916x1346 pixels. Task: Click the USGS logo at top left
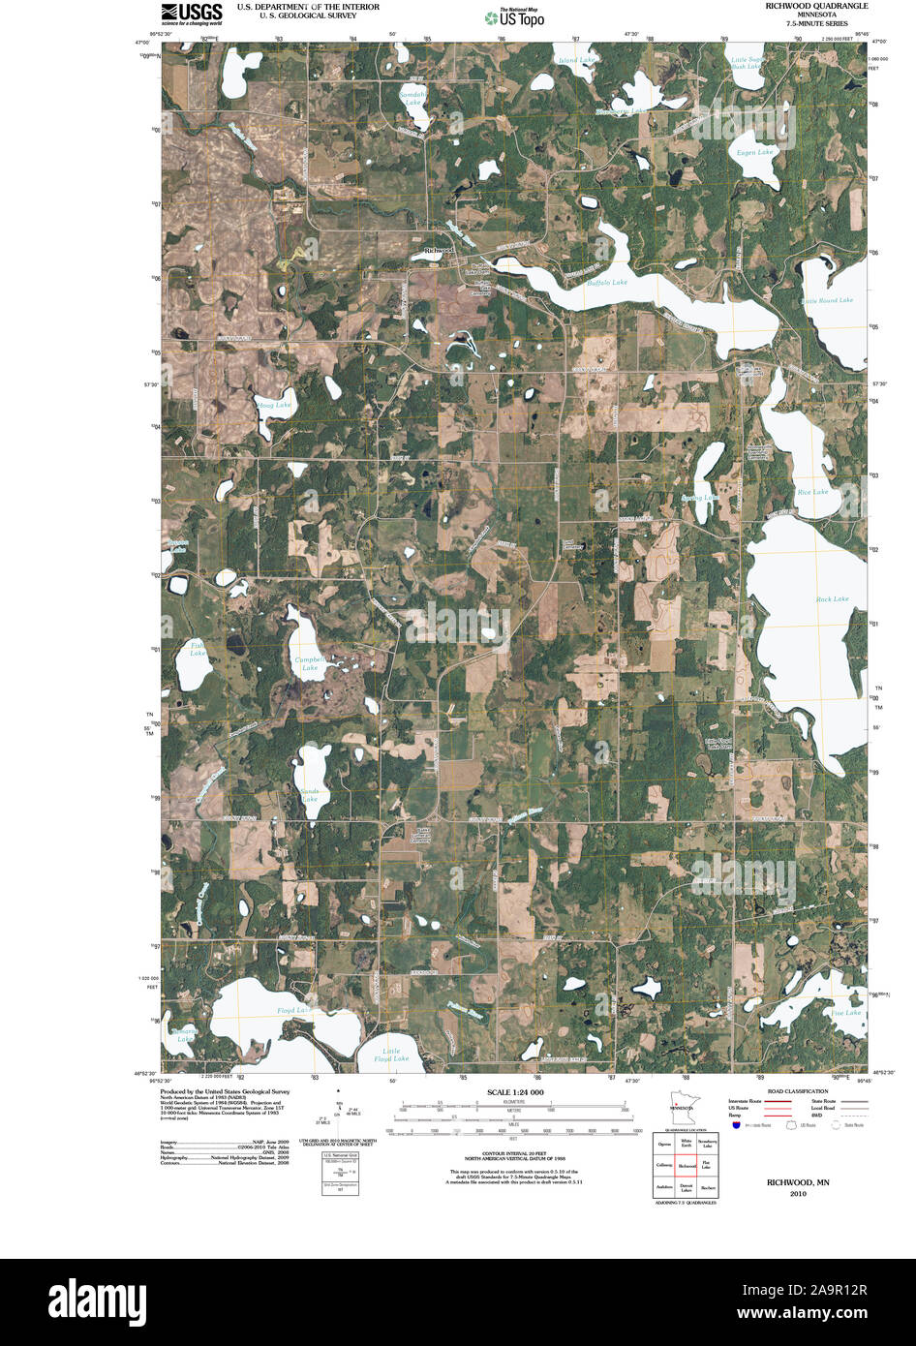192,13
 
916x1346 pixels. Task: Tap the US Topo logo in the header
515,16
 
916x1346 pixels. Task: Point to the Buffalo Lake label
607,283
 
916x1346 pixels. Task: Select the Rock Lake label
832,598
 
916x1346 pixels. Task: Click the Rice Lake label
812,492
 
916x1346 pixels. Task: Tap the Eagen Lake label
754,153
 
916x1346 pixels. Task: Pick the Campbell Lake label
309,663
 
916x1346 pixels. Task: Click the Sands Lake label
309,795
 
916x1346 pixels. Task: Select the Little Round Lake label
827,301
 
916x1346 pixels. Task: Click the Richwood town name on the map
439,251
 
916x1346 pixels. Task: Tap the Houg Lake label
274,405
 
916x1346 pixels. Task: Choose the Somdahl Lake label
412,98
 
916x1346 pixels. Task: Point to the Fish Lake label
198,649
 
